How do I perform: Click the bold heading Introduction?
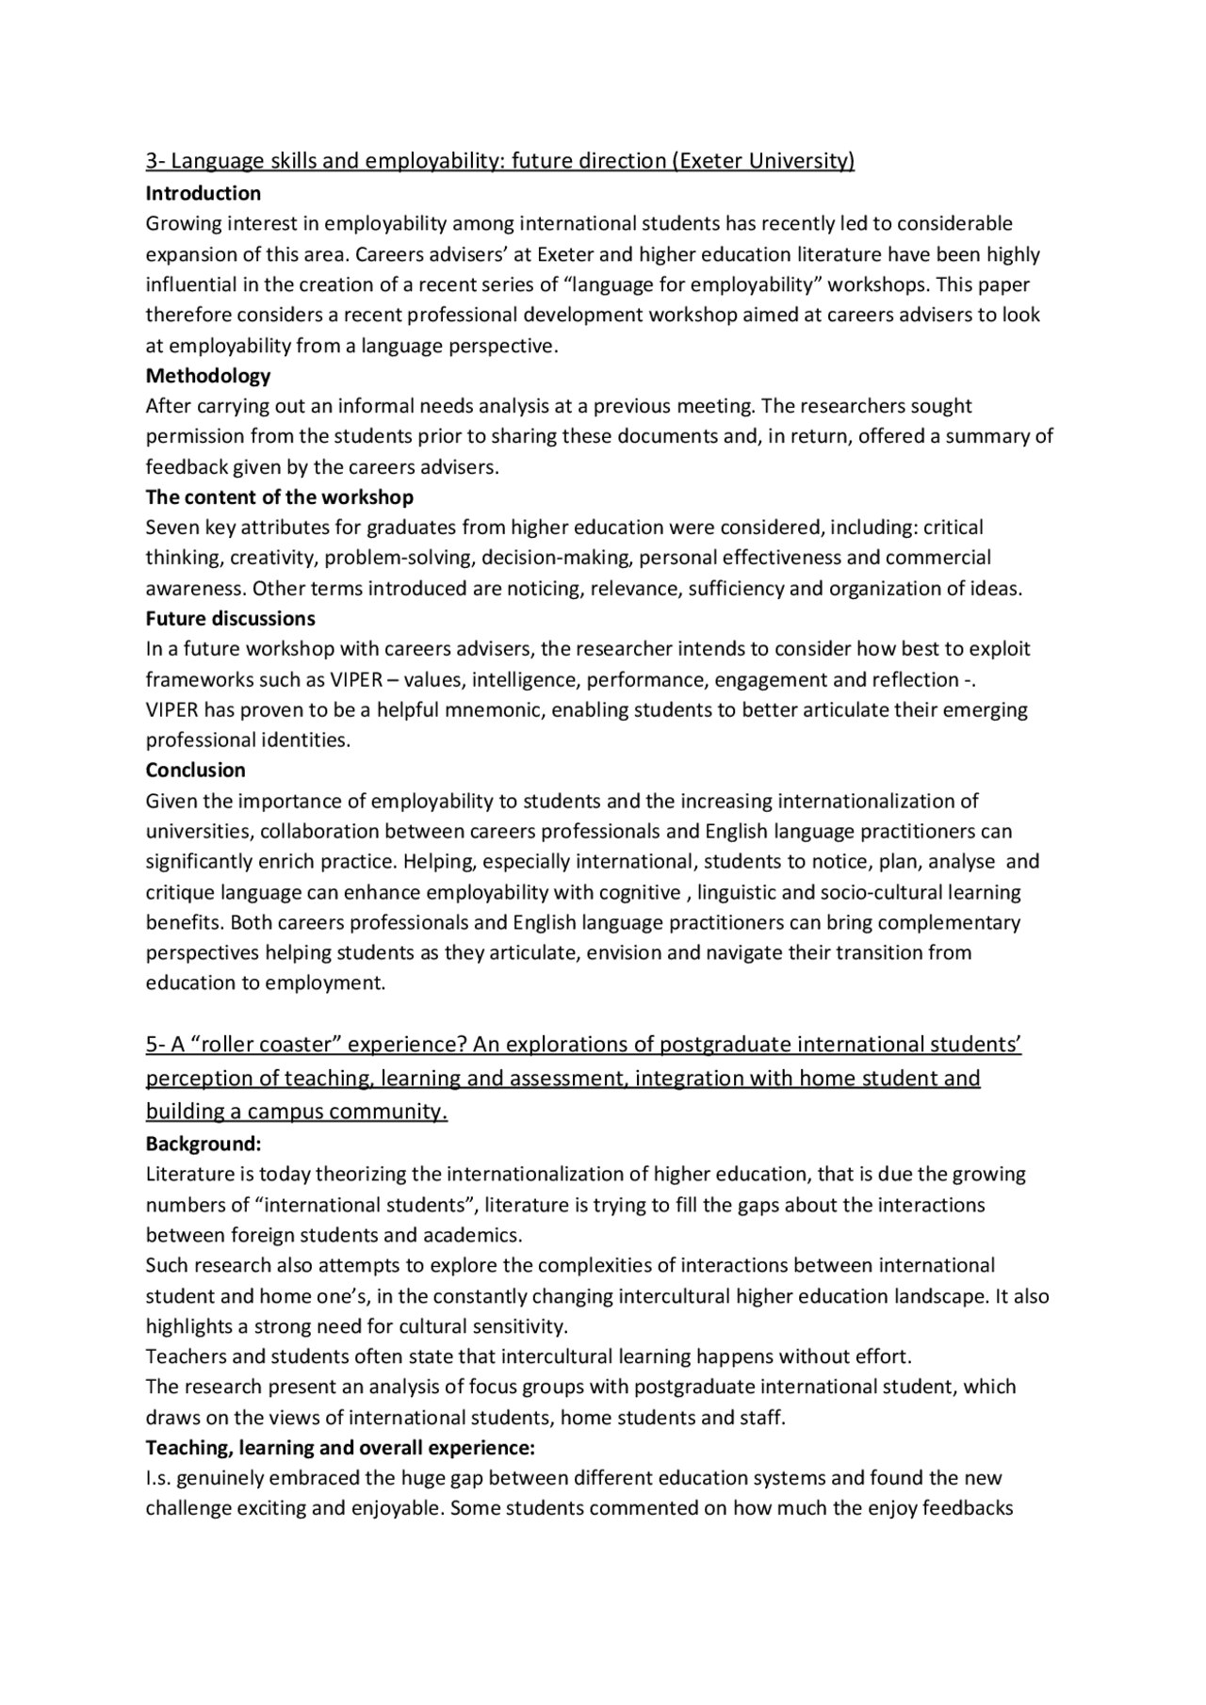point(204,194)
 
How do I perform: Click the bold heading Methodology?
point(208,376)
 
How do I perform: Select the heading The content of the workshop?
point(280,497)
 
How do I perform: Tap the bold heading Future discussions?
point(231,619)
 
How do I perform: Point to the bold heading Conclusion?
point(196,771)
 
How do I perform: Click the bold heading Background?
point(204,1145)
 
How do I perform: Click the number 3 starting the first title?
point(152,161)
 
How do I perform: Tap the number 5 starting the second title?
point(152,1045)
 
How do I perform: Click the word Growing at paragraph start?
point(180,224)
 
